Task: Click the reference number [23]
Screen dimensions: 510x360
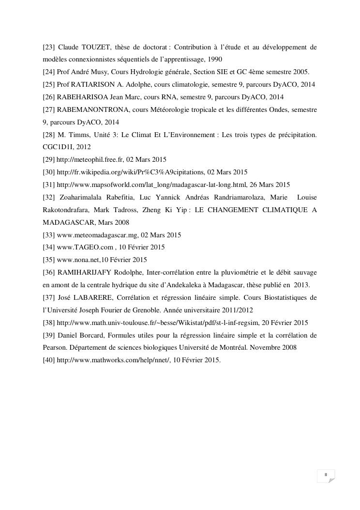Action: (x=48, y=47)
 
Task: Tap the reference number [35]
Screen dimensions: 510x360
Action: (x=48, y=260)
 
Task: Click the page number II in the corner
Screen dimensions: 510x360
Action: (x=326, y=475)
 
